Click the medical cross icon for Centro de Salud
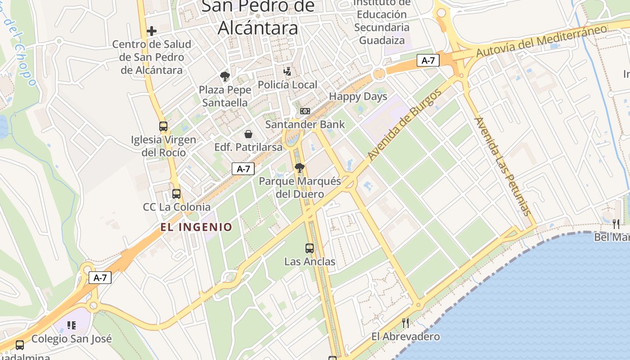click(152, 31)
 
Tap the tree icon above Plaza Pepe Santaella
click(225, 76)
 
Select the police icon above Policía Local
click(287, 71)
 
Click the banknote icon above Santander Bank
click(305, 111)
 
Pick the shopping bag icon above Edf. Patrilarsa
click(248, 134)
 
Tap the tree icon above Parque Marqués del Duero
click(299, 168)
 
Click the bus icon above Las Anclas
click(310, 248)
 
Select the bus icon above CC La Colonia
click(176, 194)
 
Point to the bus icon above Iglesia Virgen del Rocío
click(163, 126)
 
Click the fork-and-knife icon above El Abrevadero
click(405, 323)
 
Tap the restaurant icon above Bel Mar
click(616, 224)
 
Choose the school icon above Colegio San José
click(72, 325)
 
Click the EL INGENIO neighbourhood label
click(196, 227)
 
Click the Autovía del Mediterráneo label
click(541, 41)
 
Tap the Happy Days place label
click(358, 96)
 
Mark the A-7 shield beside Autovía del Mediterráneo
click(428, 60)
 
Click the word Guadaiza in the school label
click(382, 40)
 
